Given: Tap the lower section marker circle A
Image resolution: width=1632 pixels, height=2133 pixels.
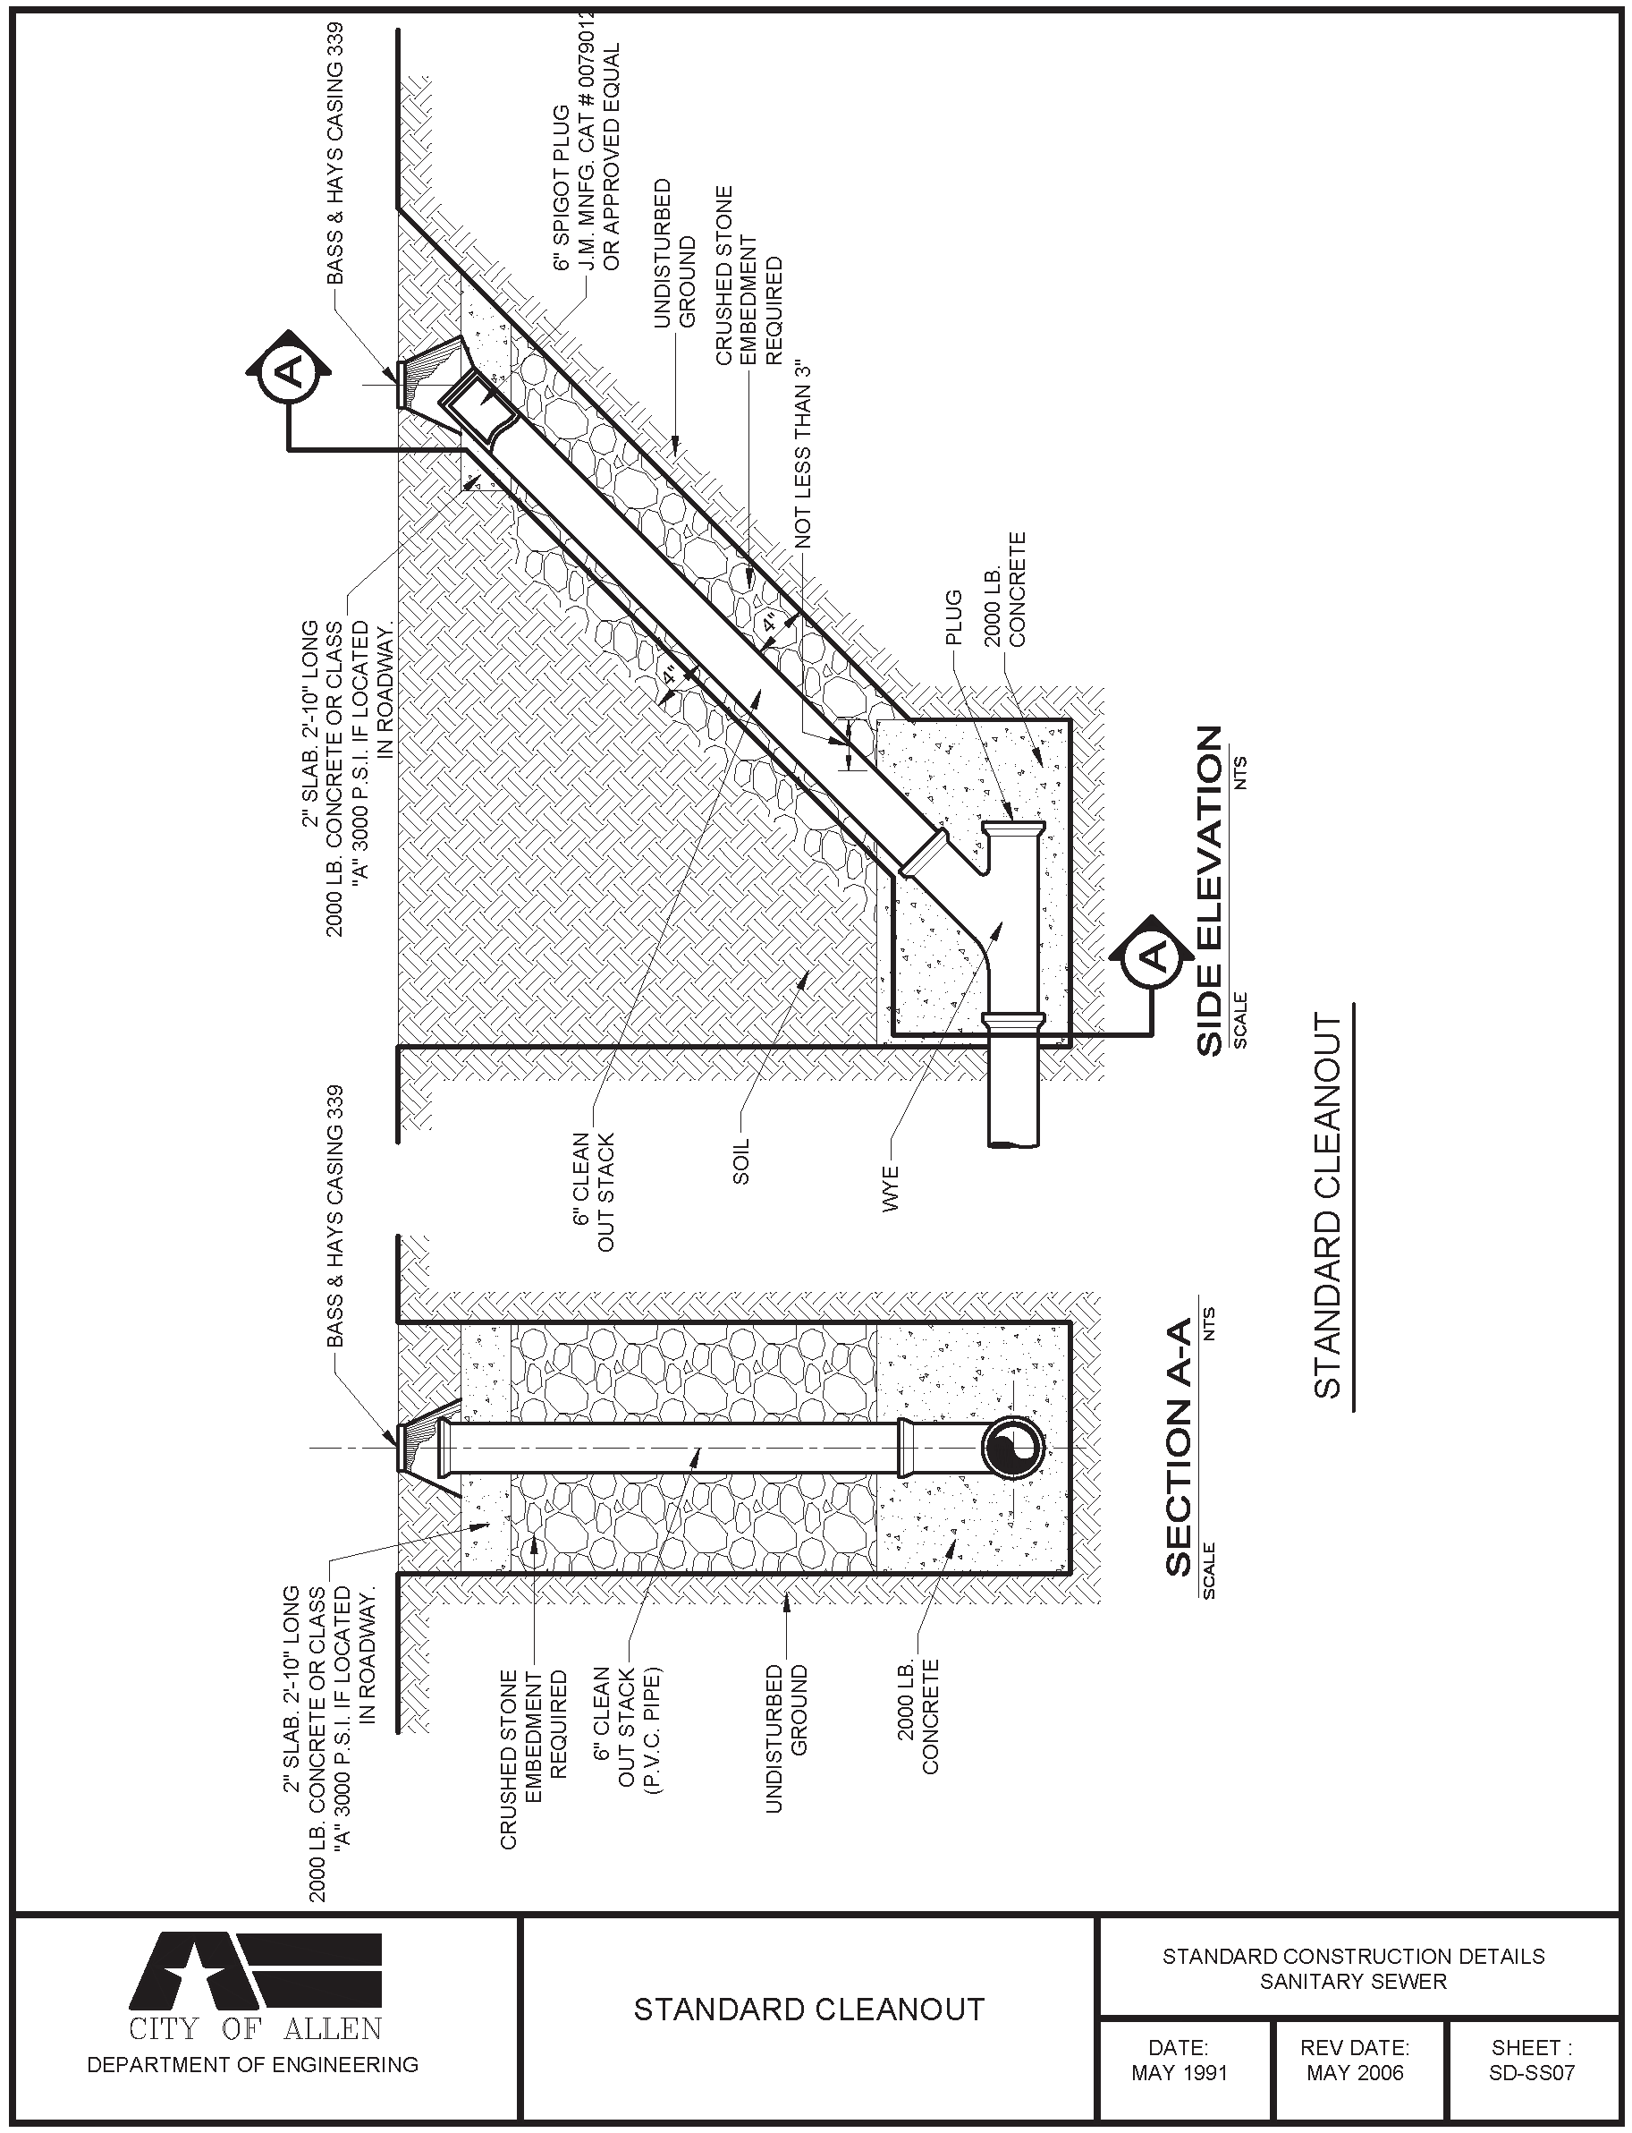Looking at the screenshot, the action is [x=1153, y=957].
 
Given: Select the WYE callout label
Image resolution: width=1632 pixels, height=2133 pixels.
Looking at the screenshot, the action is [x=891, y=1187].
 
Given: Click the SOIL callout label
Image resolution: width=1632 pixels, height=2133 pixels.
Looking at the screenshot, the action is [x=741, y=1161].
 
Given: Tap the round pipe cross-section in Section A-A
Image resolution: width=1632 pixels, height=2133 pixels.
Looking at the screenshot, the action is [x=1012, y=1448].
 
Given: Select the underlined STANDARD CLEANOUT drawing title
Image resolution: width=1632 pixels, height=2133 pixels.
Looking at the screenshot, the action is [x=1327, y=1205].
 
